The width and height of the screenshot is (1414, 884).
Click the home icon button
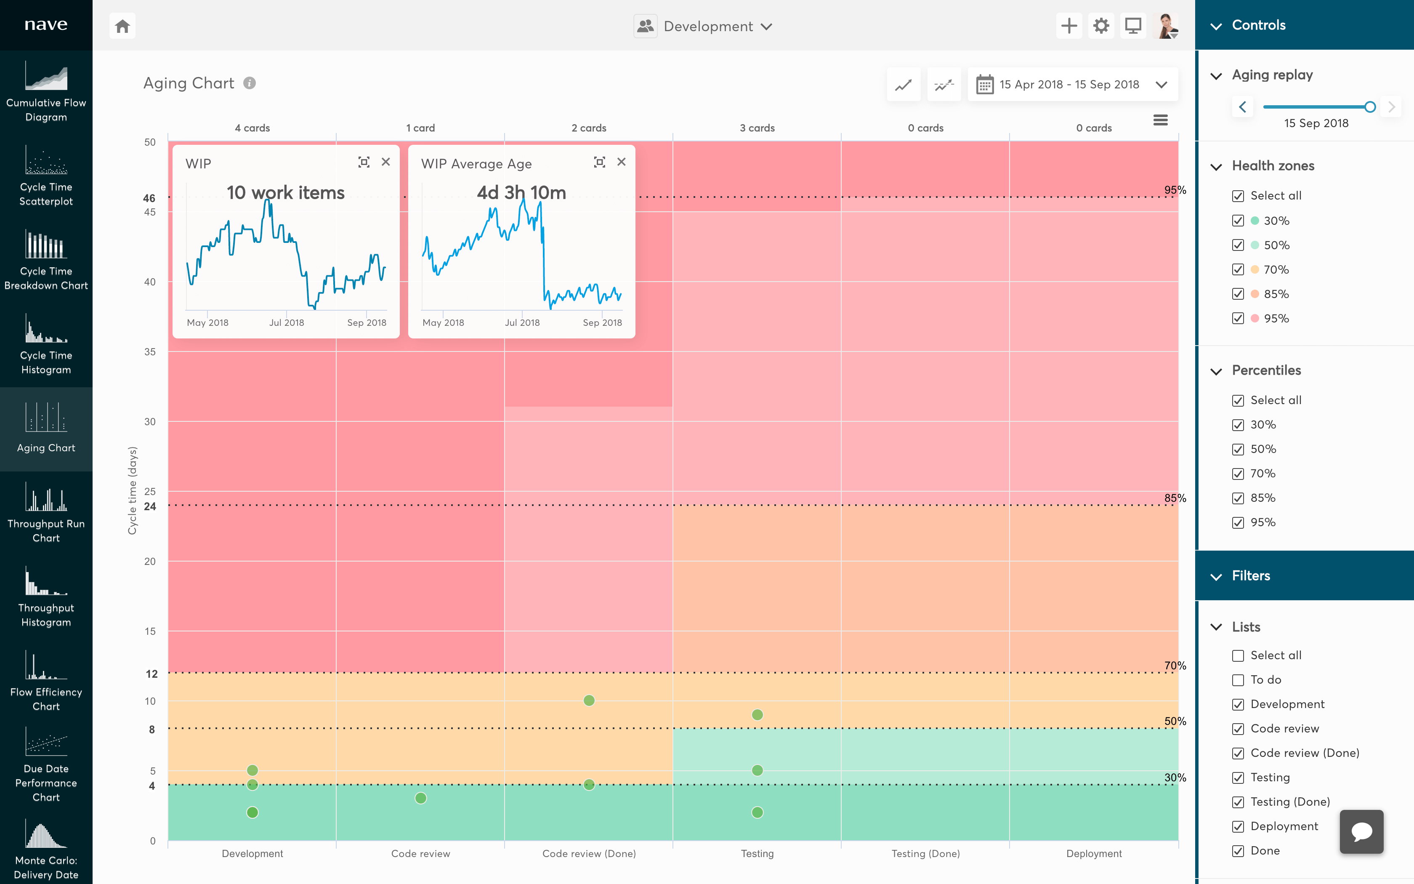click(122, 26)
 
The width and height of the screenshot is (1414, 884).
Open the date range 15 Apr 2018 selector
click(1072, 85)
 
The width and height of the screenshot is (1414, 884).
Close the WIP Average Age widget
click(621, 162)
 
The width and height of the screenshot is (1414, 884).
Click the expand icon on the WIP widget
click(364, 162)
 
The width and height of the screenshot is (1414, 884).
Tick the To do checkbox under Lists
click(1238, 680)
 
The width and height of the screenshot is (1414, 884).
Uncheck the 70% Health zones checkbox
click(1238, 269)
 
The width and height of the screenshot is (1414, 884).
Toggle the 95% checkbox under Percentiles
click(1238, 523)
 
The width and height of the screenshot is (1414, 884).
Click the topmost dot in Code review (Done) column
click(589, 700)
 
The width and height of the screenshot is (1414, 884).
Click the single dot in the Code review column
click(421, 798)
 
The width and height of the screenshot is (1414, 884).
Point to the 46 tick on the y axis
click(149, 198)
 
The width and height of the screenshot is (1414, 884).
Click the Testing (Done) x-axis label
click(925, 854)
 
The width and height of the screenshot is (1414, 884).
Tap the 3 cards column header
click(757, 128)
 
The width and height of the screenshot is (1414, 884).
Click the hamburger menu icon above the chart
click(1160, 120)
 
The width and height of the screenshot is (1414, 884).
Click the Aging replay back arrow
click(1243, 107)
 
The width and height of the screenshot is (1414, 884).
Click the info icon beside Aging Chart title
click(250, 83)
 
